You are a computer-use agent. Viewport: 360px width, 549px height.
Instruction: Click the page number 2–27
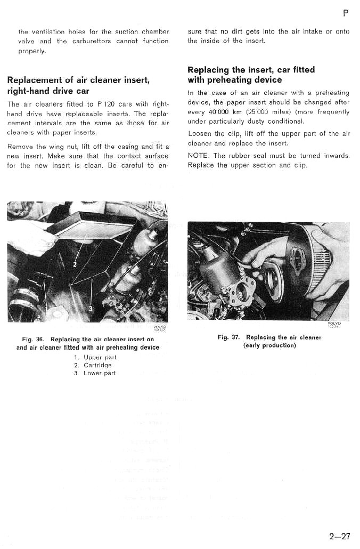pyautogui.click(x=339, y=536)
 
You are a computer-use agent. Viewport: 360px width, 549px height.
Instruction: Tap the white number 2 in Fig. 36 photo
pyautogui.click(x=75, y=265)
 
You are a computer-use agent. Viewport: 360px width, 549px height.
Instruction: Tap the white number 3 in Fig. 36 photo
pyautogui.click(x=90, y=308)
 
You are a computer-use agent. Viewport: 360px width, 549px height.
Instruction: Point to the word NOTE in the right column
pyautogui.click(x=199, y=156)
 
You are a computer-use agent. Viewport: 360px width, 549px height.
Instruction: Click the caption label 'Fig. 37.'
pyautogui.click(x=229, y=337)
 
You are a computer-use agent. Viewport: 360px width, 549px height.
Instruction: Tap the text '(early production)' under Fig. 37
pyautogui.click(x=269, y=345)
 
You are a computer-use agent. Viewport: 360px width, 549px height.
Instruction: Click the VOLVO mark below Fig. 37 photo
pyautogui.click(x=334, y=324)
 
